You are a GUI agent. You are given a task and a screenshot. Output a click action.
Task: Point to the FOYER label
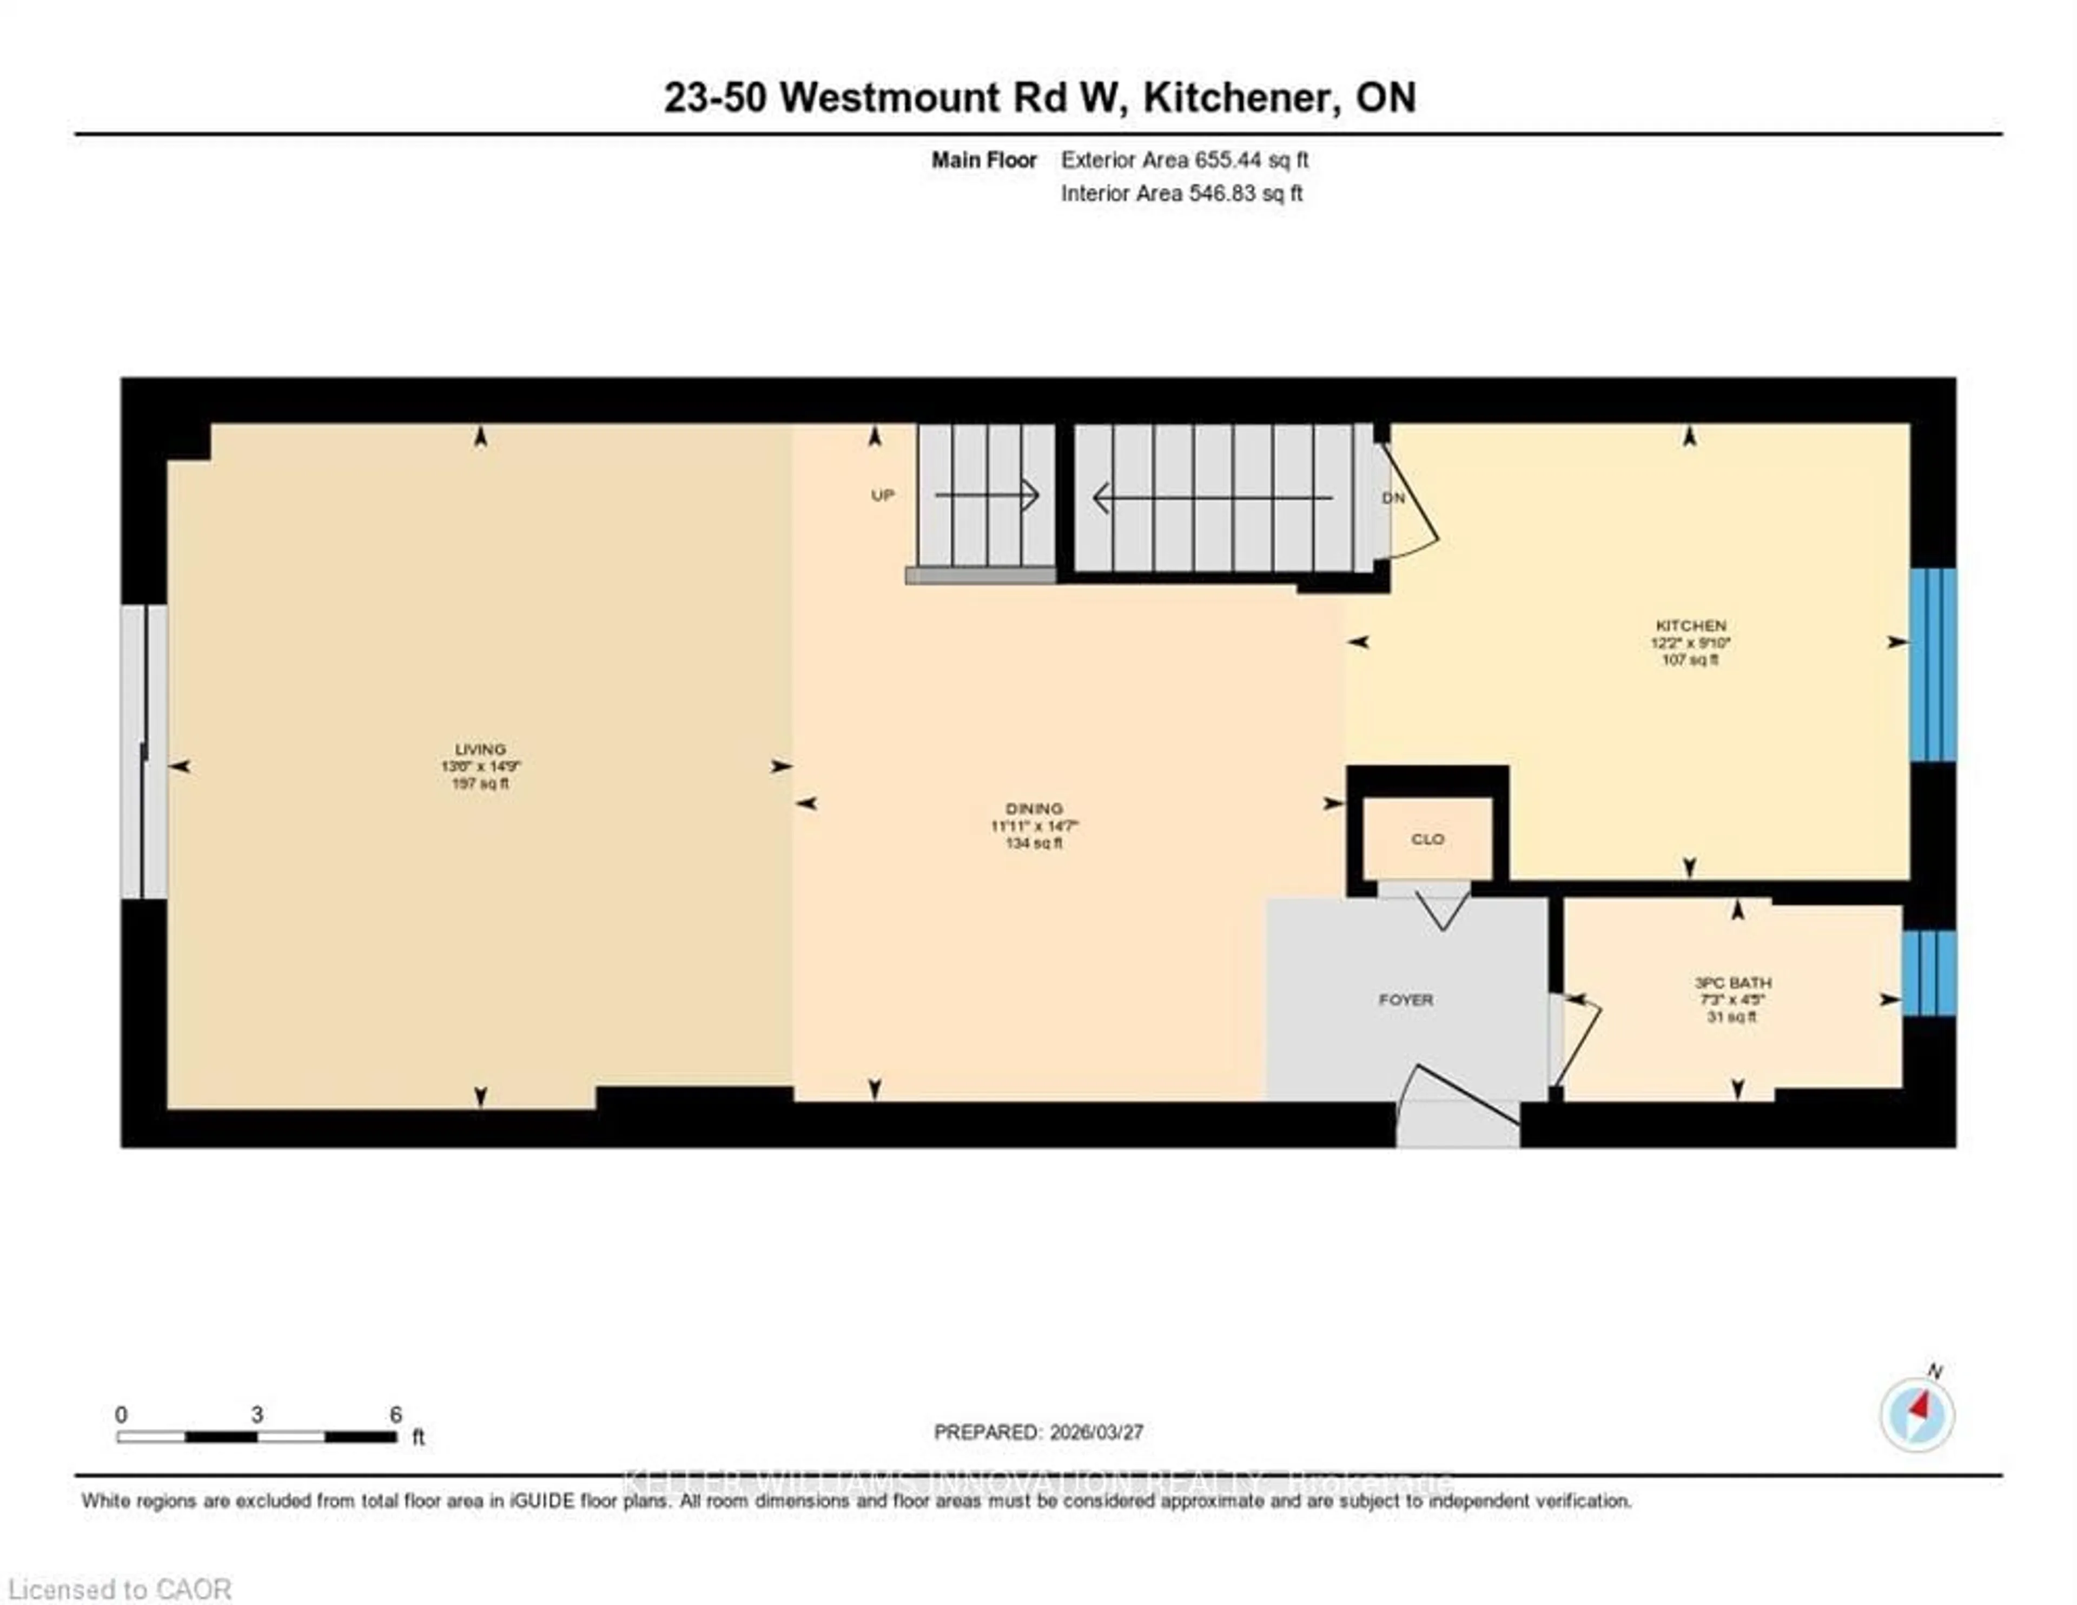click(1406, 1000)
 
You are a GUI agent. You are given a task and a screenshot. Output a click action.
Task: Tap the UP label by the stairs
click(883, 496)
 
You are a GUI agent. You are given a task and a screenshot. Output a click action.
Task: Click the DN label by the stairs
click(1393, 498)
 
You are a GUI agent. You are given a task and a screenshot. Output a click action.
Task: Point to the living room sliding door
click(143, 751)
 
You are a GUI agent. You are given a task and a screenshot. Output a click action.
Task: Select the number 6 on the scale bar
click(395, 1415)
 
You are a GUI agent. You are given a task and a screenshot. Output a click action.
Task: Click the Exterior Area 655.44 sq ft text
click(1184, 160)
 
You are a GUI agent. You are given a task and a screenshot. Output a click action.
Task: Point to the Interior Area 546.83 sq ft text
click(1181, 193)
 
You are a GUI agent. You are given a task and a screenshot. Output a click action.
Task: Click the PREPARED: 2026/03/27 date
click(1038, 1432)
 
